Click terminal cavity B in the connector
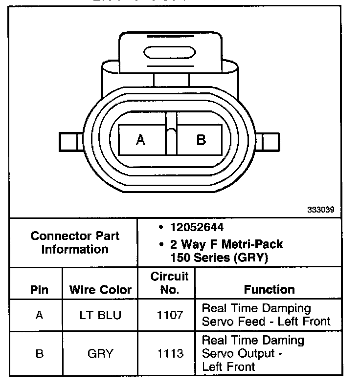pos(201,140)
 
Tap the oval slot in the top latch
pos(170,52)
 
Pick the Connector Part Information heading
pos(75,242)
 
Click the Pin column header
pos(39,289)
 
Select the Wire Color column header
pos(100,289)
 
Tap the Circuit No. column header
pos(169,283)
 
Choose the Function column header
pos(269,289)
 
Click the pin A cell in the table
pos(39,315)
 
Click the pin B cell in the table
pos(39,354)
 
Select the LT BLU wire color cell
pos(100,315)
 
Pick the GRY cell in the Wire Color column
pos(100,354)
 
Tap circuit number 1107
pos(169,315)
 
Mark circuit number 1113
pos(169,354)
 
